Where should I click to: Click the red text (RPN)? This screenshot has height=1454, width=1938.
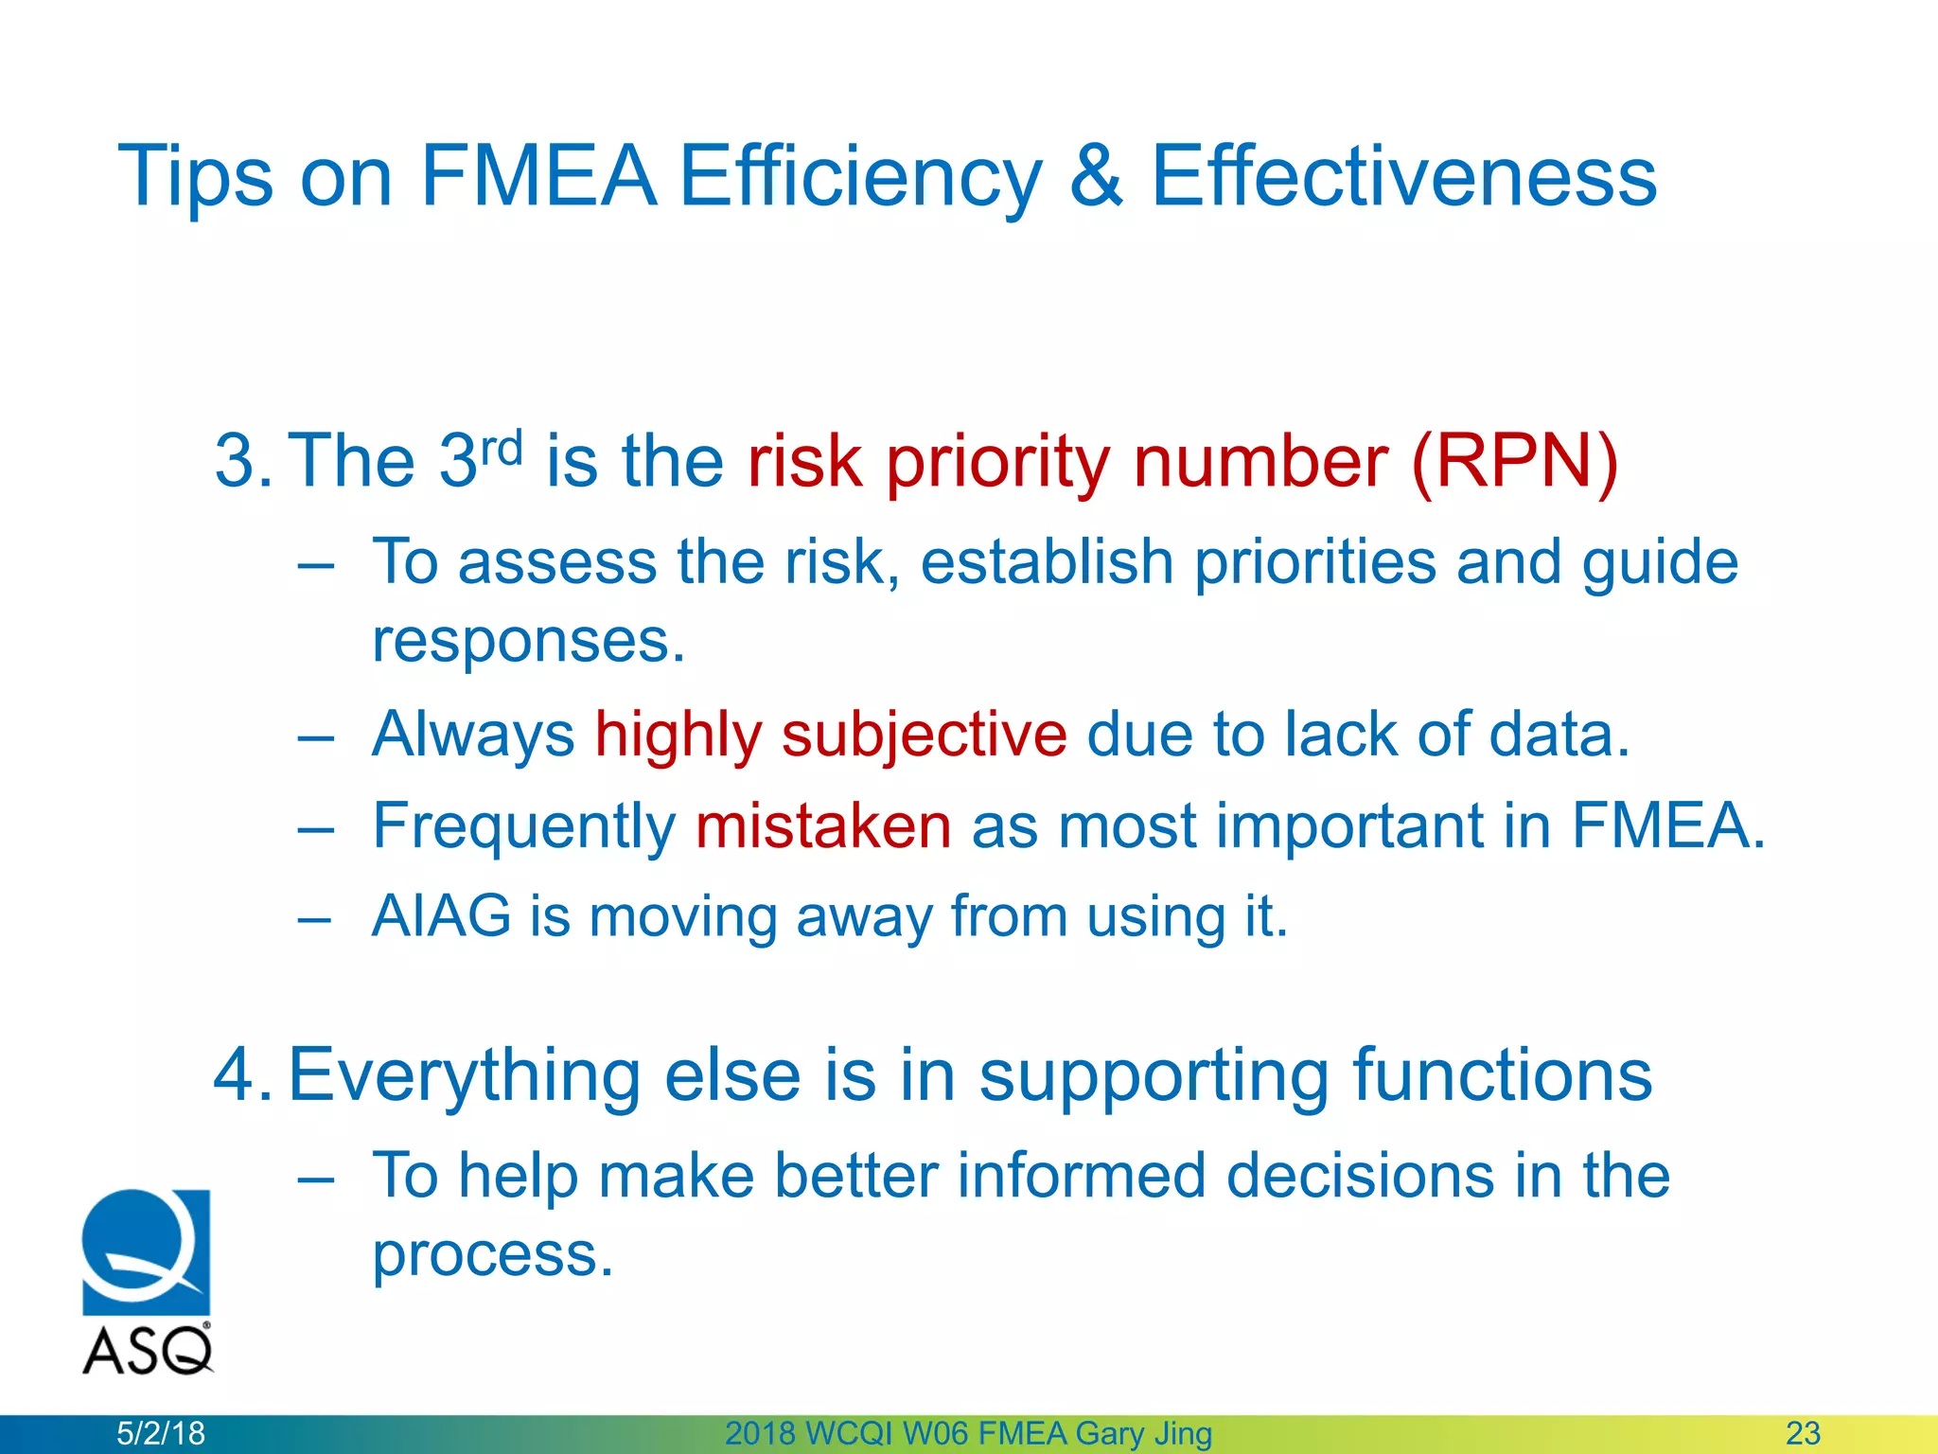click(x=1514, y=462)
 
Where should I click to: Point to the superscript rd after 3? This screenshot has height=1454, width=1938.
click(x=502, y=447)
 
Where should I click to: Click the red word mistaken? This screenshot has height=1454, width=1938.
click(x=823, y=825)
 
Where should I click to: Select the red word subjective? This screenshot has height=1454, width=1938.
click(x=924, y=735)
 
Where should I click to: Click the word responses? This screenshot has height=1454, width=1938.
click(x=528, y=642)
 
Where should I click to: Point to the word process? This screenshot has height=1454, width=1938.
click(x=492, y=1255)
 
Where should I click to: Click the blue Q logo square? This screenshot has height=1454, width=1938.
click(x=146, y=1251)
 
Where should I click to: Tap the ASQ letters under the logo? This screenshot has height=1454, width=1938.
click(x=147, y=1351)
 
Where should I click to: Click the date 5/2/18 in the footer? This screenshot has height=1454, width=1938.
click(x=160, y=1433)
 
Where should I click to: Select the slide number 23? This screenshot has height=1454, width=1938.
click(x=1803, y=1433)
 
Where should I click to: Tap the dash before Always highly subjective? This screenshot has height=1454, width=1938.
click(x=315, y=736)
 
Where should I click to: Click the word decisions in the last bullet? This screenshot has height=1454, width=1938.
click(x=1359, y=1176)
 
